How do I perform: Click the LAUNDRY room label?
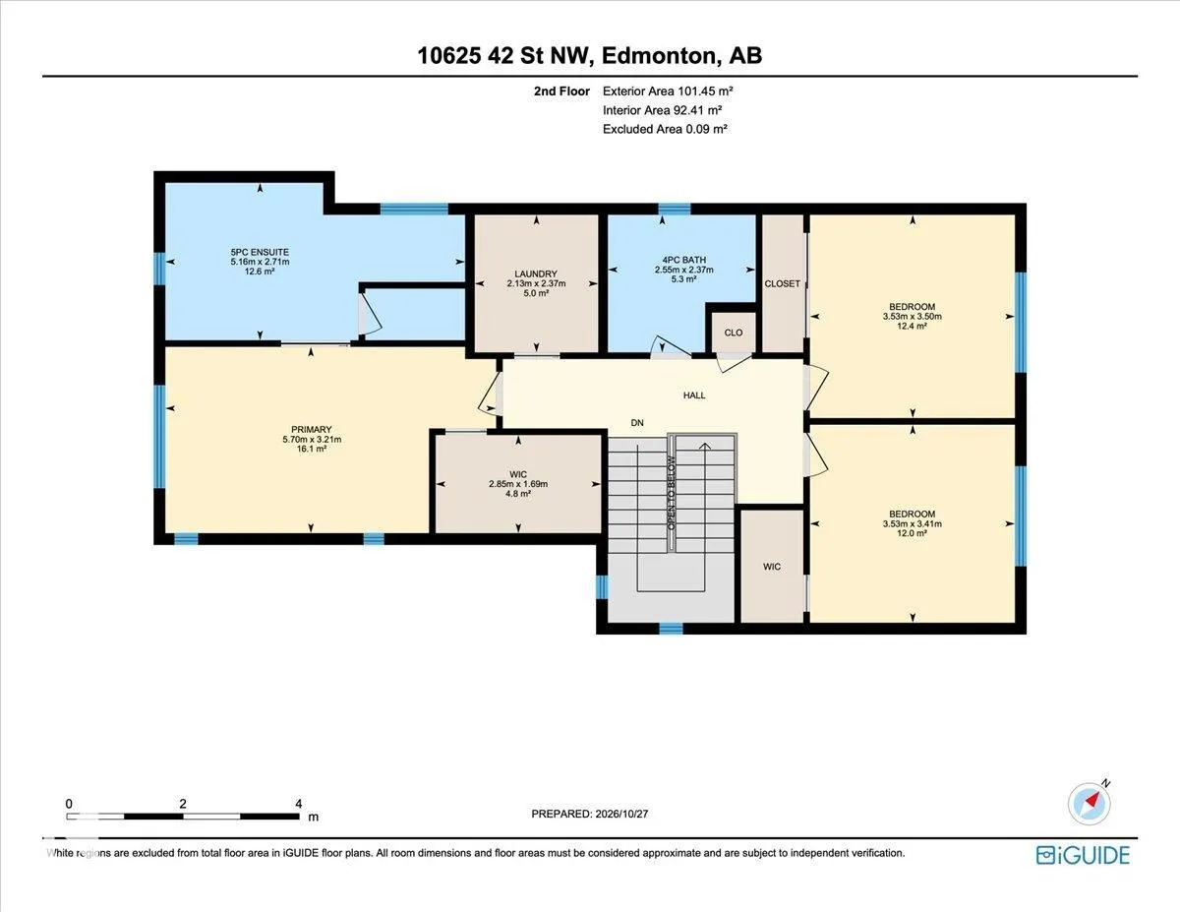[x=536, y=274]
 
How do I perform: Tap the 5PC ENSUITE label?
[x=260, y=252]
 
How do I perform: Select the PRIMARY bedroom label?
[x=311, y=429]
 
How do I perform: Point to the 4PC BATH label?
[x=683, y=260]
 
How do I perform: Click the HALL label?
[x=694, y=395]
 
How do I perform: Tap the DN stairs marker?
[x=637, y=423]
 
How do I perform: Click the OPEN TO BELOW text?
[x=672, y=493]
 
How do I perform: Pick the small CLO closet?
[x=734, y=333]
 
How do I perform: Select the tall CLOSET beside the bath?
[x=783, y=283]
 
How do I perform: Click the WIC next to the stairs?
[x=772, y=567]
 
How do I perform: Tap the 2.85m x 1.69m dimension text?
[x=518, y=484]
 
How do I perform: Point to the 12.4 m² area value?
[x=912, y=326]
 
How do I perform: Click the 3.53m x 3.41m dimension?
[x=913, y=523]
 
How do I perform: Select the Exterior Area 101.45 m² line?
[x=668, y=91]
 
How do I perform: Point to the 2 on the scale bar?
[x=183, y=804]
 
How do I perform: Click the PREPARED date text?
[x=590, y=814]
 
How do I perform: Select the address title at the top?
[x=590, y=56]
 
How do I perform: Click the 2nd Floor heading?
[x=561, y=91]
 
